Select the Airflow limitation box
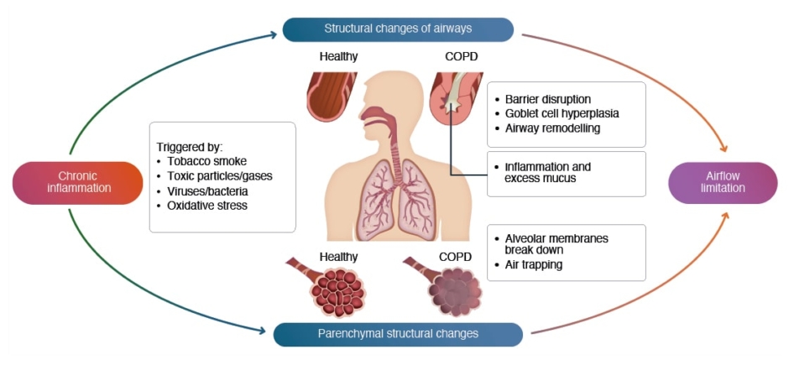tap(723, 182)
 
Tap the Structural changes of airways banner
tap(398, 29)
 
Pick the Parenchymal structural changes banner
tap(398, 334)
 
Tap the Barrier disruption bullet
tap(547, 98)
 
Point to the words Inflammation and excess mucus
tap(547, 173)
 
